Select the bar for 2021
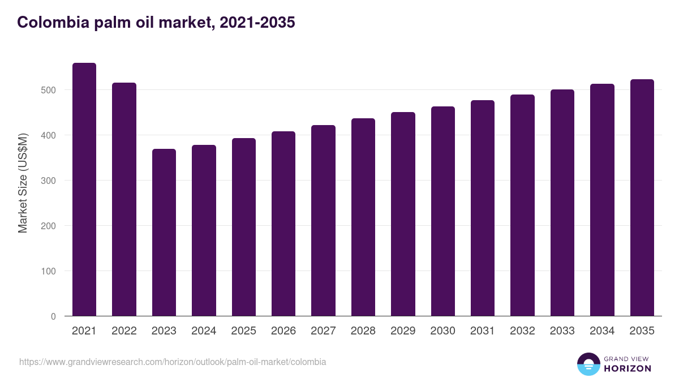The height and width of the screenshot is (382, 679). click(84, 190)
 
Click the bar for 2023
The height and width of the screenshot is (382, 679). click(164, 233)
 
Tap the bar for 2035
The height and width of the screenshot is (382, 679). click(642, 198)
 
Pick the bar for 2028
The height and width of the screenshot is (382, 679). click(363, 217)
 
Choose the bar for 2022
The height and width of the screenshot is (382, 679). click(124, 199)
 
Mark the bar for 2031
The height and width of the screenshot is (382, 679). click(483, 208)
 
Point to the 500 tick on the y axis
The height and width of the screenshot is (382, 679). click(48, 90)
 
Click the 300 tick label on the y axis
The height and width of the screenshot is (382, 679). click(48, 181)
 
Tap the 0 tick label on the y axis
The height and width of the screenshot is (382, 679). click(53, 316)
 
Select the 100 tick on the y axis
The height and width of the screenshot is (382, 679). click(48, 271)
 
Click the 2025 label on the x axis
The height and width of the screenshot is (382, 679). click(243, 331)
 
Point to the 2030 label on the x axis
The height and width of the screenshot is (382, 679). click(442, 331)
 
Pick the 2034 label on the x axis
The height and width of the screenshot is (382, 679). click(602, 331)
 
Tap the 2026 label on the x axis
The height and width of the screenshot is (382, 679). click(283, 331)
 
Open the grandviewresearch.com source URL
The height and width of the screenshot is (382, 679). click(173, 362)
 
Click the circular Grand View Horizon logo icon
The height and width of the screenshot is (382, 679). click(588, 364)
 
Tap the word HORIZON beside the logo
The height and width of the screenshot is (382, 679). click(628, 368)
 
